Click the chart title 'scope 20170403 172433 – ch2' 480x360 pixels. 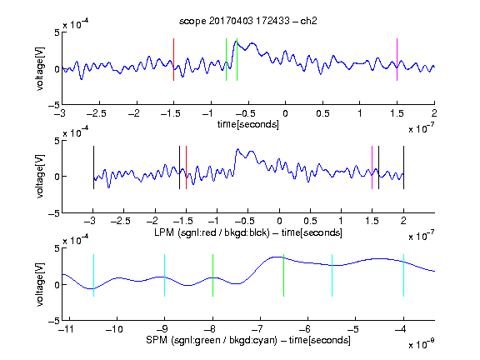(248, 21)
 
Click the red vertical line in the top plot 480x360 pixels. (173, 60)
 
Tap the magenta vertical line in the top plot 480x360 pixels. (397, 60)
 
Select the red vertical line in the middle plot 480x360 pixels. (186, 167)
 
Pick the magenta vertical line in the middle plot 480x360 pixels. (372, 167)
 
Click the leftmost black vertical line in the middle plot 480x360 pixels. (93, 167)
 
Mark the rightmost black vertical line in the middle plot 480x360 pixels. (403, 167)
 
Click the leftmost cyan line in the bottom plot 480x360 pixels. (93, 276)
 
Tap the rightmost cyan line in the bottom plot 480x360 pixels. (403, 276)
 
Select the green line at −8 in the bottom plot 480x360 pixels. (212, 276)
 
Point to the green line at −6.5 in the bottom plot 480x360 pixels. (284, 276)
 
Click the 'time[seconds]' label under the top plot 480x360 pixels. (248, 125)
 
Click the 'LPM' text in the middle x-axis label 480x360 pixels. (164, 232)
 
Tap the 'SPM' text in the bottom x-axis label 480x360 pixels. (157, 340)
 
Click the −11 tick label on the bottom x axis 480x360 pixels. (65, 329)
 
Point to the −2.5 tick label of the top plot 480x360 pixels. (97, 113)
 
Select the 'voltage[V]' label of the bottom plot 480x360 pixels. (40, 284)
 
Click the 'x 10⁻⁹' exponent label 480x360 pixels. (422, 344)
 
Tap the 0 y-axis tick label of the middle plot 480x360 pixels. (57, 177)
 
